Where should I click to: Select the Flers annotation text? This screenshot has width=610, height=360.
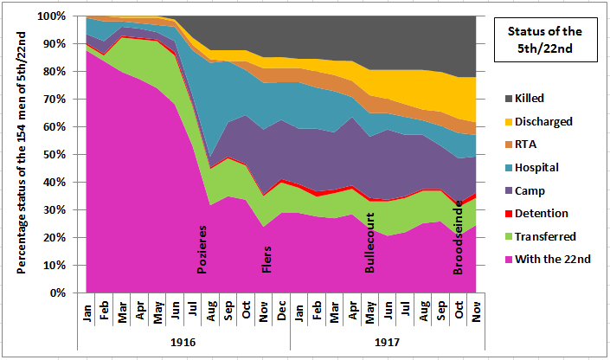click(266, 256)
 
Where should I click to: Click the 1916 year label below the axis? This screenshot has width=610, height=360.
click(183, 342)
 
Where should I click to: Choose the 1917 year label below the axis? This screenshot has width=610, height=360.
click(387, 342)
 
